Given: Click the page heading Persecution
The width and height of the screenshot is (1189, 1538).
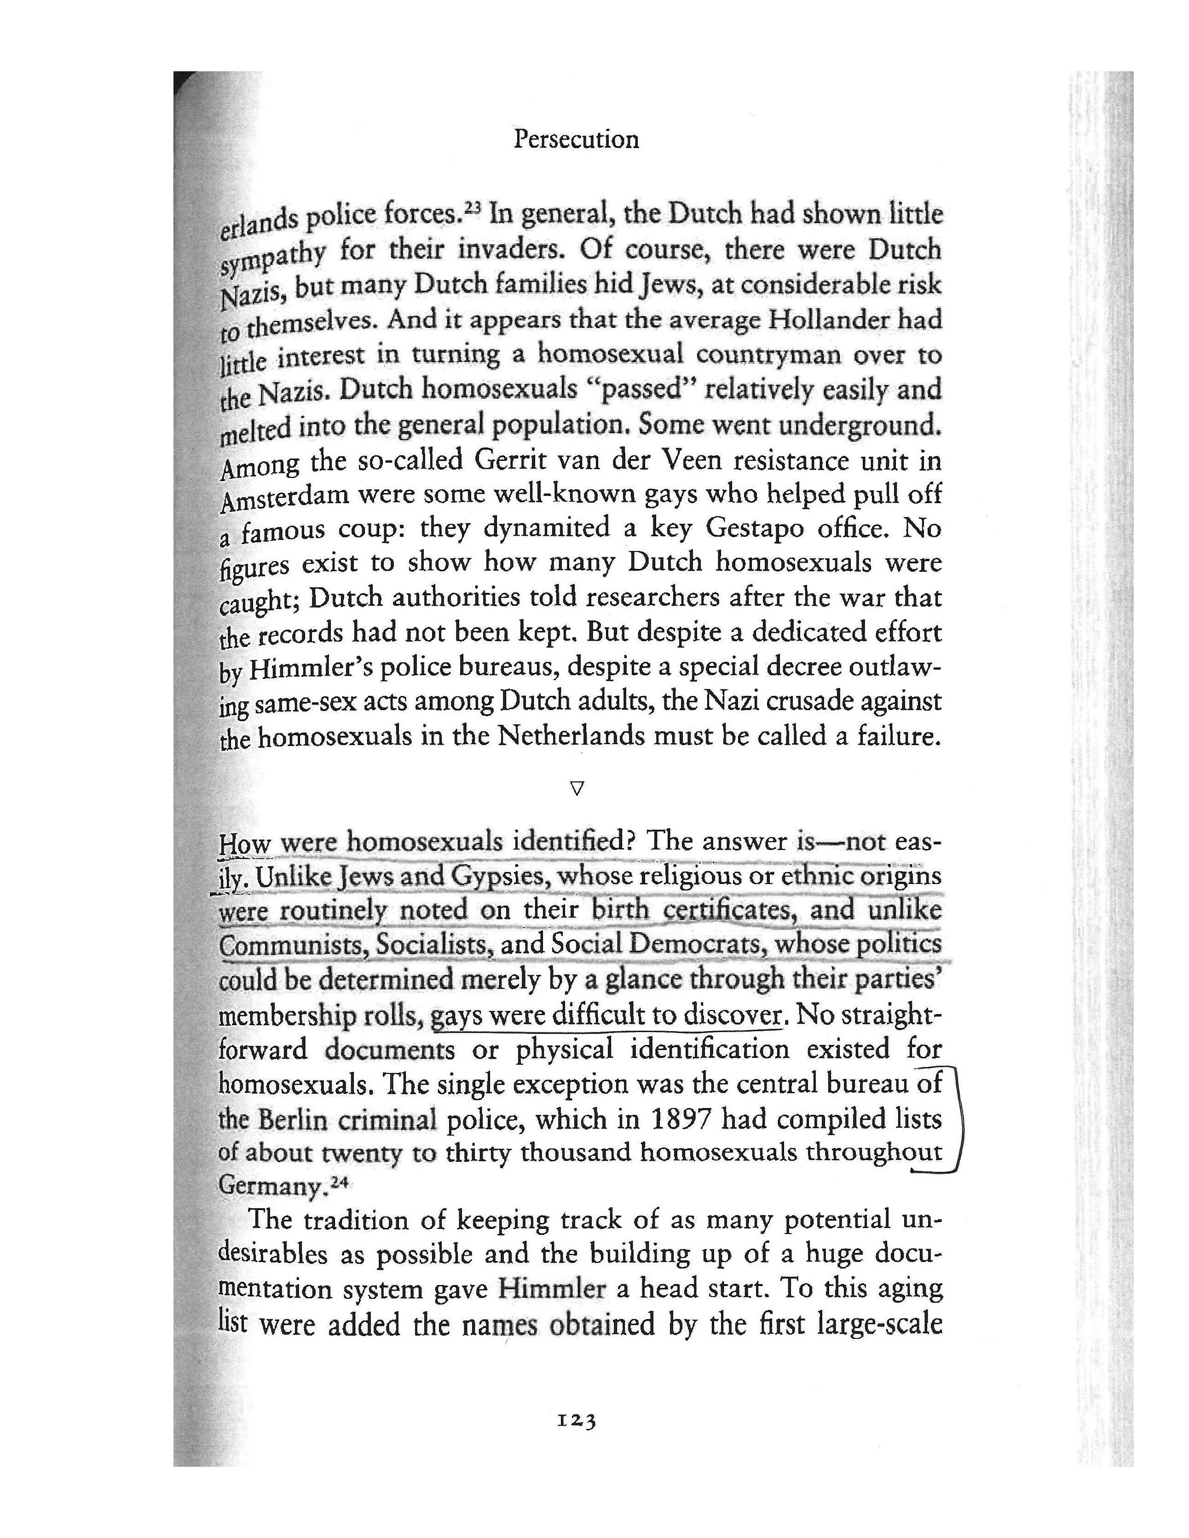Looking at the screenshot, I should pyautogui.click(x=576, y=139).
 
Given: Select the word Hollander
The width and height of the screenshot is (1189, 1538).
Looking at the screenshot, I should pyautogui.click(x=827, y=321).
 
